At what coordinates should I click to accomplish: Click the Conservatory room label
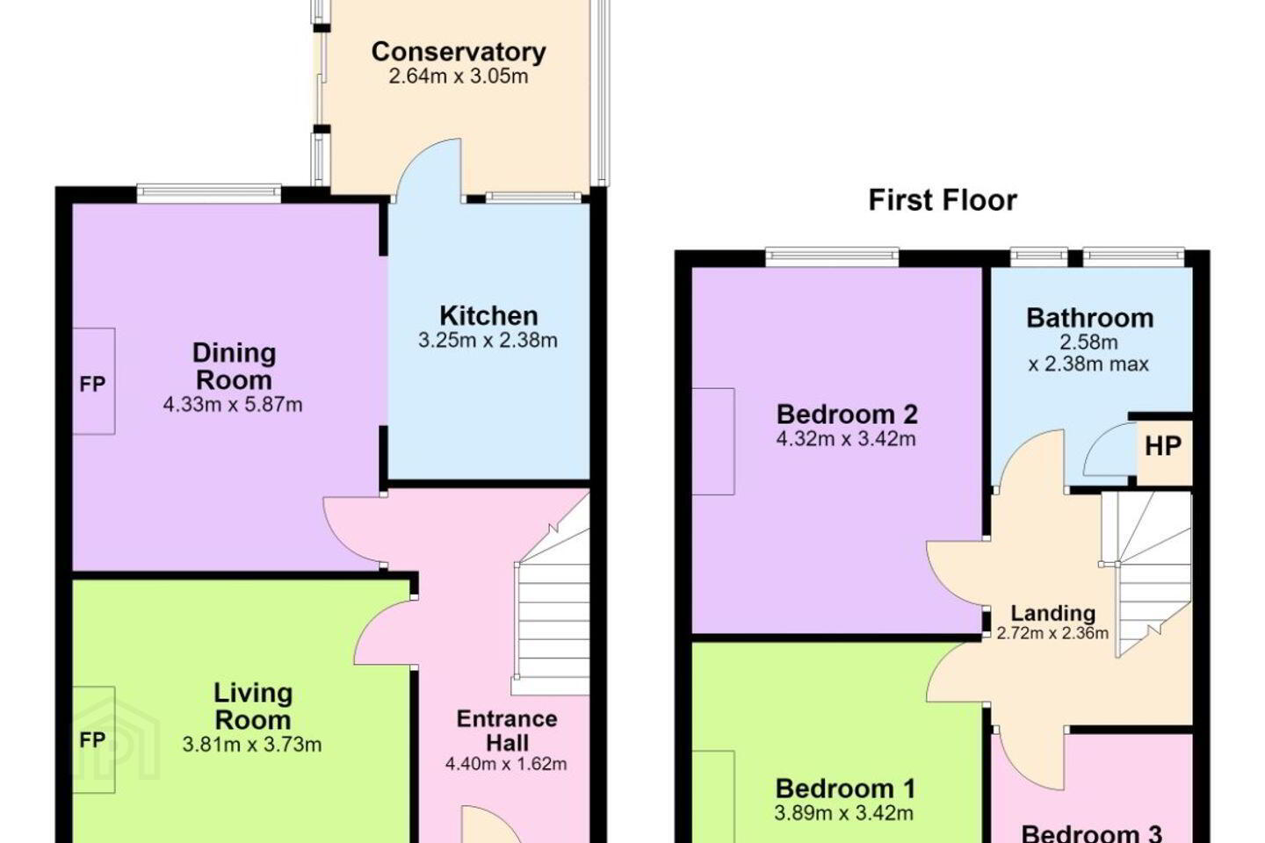[x=459, y=52]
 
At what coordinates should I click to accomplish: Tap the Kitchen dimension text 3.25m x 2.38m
[x=488, y=341]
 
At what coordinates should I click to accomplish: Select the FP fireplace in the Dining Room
[x=94, y=381]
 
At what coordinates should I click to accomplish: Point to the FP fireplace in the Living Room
[x=94, y=739]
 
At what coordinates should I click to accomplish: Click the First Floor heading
[x=943, y=200]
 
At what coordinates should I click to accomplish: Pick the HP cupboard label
[x=1163, y=447]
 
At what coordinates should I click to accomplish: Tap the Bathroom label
[x=1090, y=318]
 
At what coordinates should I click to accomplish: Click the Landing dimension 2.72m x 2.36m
[x=1052, y=633]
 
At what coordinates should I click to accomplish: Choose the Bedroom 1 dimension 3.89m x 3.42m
[x=843, y=813]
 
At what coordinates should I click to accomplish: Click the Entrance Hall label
[x=507, y=731]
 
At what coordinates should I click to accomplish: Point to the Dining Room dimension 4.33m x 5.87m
[x=233, y=405]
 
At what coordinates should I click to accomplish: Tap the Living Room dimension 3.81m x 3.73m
[x=252, y=745]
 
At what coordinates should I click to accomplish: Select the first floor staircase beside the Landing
[x=1146, y=573]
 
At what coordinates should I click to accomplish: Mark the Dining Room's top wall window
[x=209, y=194]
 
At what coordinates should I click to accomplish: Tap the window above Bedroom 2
[x=833, y=257]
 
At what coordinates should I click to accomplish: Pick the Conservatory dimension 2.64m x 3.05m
[x=459, y=76]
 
